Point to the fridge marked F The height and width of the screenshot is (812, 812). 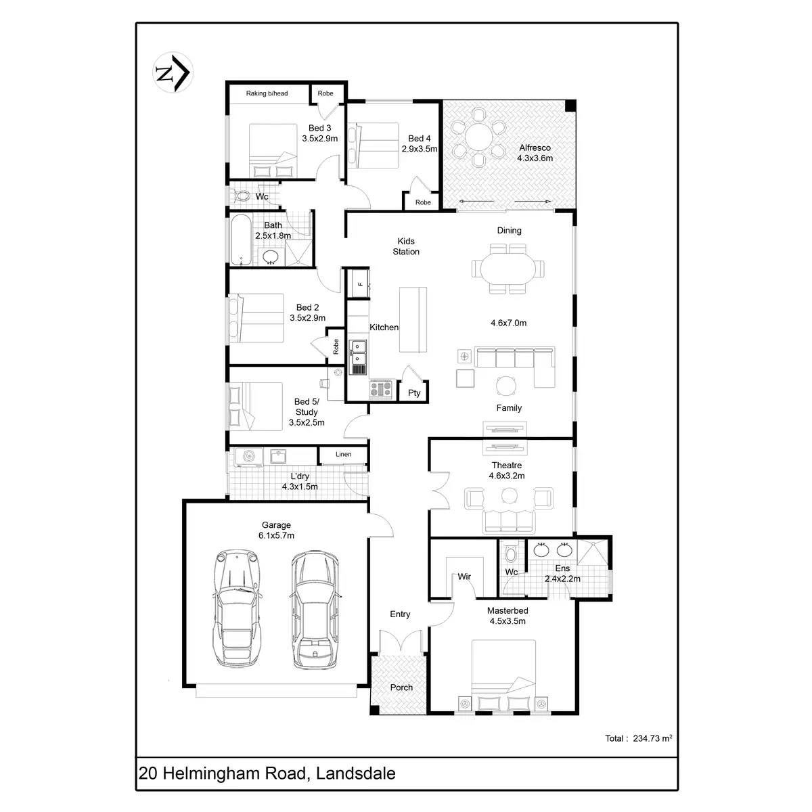tap(359, 284)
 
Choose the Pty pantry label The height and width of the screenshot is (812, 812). tap(414, 393)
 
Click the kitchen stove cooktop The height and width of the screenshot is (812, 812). tap(381, 388)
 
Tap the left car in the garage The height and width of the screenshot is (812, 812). tap(237, 606)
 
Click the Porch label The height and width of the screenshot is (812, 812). tap(401, 687)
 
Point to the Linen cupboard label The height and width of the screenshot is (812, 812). tap(344, 454)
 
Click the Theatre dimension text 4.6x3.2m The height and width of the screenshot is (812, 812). tap(507, 476)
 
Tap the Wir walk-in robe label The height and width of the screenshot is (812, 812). tap(464, 577)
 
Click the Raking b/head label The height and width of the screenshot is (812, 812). tap(267, 93)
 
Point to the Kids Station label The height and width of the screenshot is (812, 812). tap(406, 246)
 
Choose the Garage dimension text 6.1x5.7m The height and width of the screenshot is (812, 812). tap(276, 535)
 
